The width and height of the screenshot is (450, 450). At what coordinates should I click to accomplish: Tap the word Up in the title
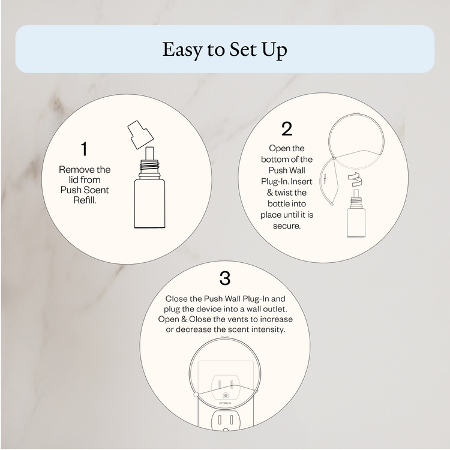(x=273, y=50)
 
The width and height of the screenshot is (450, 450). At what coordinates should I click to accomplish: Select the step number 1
(x=85, y=148)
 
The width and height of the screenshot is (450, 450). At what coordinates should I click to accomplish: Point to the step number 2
(x=286, y=128)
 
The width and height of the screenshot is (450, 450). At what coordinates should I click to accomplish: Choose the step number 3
(x=225, y=278)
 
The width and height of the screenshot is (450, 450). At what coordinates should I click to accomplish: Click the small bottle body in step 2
(x=358, y=220)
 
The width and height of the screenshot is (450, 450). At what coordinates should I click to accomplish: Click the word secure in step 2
(x=286, y=227)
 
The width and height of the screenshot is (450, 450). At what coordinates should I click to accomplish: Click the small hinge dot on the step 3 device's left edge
(x=196, y=394)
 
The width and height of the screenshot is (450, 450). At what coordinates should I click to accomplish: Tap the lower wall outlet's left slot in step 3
(x=219, y=420)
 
